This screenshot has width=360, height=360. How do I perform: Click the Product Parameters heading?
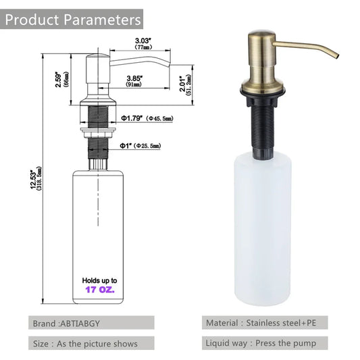click(73, 18)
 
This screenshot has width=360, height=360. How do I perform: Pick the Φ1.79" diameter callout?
click(147, 118)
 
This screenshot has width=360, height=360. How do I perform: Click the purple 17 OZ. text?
click(101, 289)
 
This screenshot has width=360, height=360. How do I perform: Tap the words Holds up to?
click(101, 280)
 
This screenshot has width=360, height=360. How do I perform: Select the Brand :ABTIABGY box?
click(91, 324)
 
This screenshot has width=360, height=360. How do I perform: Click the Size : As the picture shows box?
click(91, 344)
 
